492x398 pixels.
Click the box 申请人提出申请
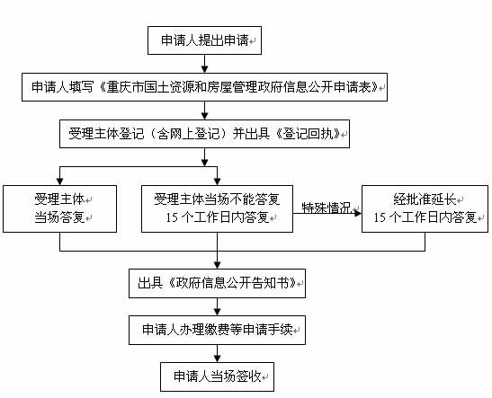tap(204, 40)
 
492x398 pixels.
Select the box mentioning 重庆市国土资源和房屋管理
tap(204, 87)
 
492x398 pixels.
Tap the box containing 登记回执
tap(204, 134)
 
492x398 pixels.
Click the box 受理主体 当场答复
tap(60, 208)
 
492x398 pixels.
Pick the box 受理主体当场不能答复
tap(217, 208)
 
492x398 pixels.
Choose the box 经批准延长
tap(425, 208)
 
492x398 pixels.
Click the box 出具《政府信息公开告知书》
tap(217, 283)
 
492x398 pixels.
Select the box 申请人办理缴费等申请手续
tap(217, 330)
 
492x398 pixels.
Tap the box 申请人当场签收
tap(217, 376)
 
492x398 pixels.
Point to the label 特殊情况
tap(326, 208)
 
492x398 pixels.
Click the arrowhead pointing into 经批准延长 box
tap(358, 214)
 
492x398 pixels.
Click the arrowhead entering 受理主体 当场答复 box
tap(60, 181)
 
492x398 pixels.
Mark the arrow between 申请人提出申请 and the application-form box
tap(204, 64)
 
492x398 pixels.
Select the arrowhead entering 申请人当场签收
tap(217, 358)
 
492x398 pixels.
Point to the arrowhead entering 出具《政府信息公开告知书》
tap(217, 265)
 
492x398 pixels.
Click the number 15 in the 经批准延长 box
tap(379, 217)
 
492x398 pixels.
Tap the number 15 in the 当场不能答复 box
tap(172, 217)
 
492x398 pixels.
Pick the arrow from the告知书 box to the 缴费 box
tap(217, 306)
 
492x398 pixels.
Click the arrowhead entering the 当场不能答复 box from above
tap(217, 181)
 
